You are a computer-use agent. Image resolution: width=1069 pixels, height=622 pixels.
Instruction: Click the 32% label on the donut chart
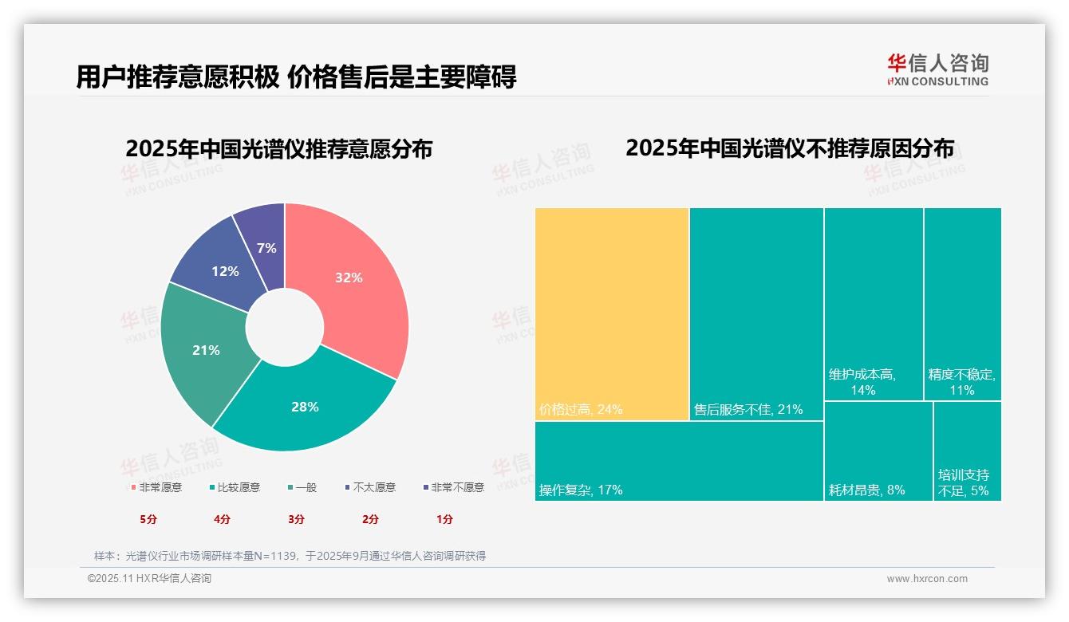click(x=349, y=278)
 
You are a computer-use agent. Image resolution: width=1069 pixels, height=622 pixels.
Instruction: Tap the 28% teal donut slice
click(x=305, y=411)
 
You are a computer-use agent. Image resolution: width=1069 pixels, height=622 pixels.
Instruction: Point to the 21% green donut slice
click(x=199, y=351)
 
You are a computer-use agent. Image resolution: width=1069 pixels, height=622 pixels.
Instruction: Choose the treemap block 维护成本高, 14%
click(x=874, y=303)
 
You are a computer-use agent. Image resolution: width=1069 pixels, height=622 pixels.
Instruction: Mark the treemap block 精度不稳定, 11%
click(x=962, y=303)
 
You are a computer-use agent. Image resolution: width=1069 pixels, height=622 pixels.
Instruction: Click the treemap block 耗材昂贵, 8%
click(x=878, y=451)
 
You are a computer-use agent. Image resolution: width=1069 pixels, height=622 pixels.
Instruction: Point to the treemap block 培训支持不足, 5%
click(x=967, y=451)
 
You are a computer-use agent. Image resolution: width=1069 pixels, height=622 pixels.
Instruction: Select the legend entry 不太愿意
click(x=373, y=487)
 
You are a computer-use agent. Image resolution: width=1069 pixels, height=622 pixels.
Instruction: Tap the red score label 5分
click(x=148, y=519)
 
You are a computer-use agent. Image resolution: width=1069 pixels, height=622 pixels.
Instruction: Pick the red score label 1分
click(x=444, y=519)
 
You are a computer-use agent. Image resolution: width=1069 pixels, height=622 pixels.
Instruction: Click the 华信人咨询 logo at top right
click(x=937, y=69)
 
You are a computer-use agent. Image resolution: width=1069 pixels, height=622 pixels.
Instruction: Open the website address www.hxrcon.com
click(x=927, y=579)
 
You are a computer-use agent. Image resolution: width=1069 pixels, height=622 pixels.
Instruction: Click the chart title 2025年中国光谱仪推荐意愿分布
click(x=278, y=149)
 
